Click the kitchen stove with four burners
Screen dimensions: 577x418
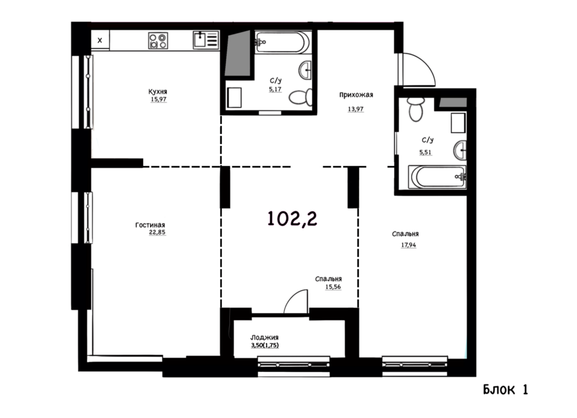coord(158,41)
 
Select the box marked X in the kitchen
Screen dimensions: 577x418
coord(100,40)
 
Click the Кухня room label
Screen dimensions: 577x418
coord(158,92)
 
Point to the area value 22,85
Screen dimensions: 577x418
coord(157,232)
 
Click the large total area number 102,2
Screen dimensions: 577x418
coord(292,219)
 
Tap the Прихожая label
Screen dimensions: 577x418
coord(356,95)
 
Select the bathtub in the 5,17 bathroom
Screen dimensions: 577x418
coord(281,42)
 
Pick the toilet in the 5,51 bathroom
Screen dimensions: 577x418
coord(416,109)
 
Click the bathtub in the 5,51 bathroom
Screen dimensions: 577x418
coord(437,177)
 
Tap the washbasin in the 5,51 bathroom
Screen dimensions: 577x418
coord(460,150)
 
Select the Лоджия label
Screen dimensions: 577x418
coord(264,337)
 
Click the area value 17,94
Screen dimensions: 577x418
coord(409,244)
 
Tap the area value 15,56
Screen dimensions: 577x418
coord(332,287)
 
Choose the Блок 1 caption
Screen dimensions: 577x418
coord(505,389)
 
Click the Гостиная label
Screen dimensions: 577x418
coord(150,225)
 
